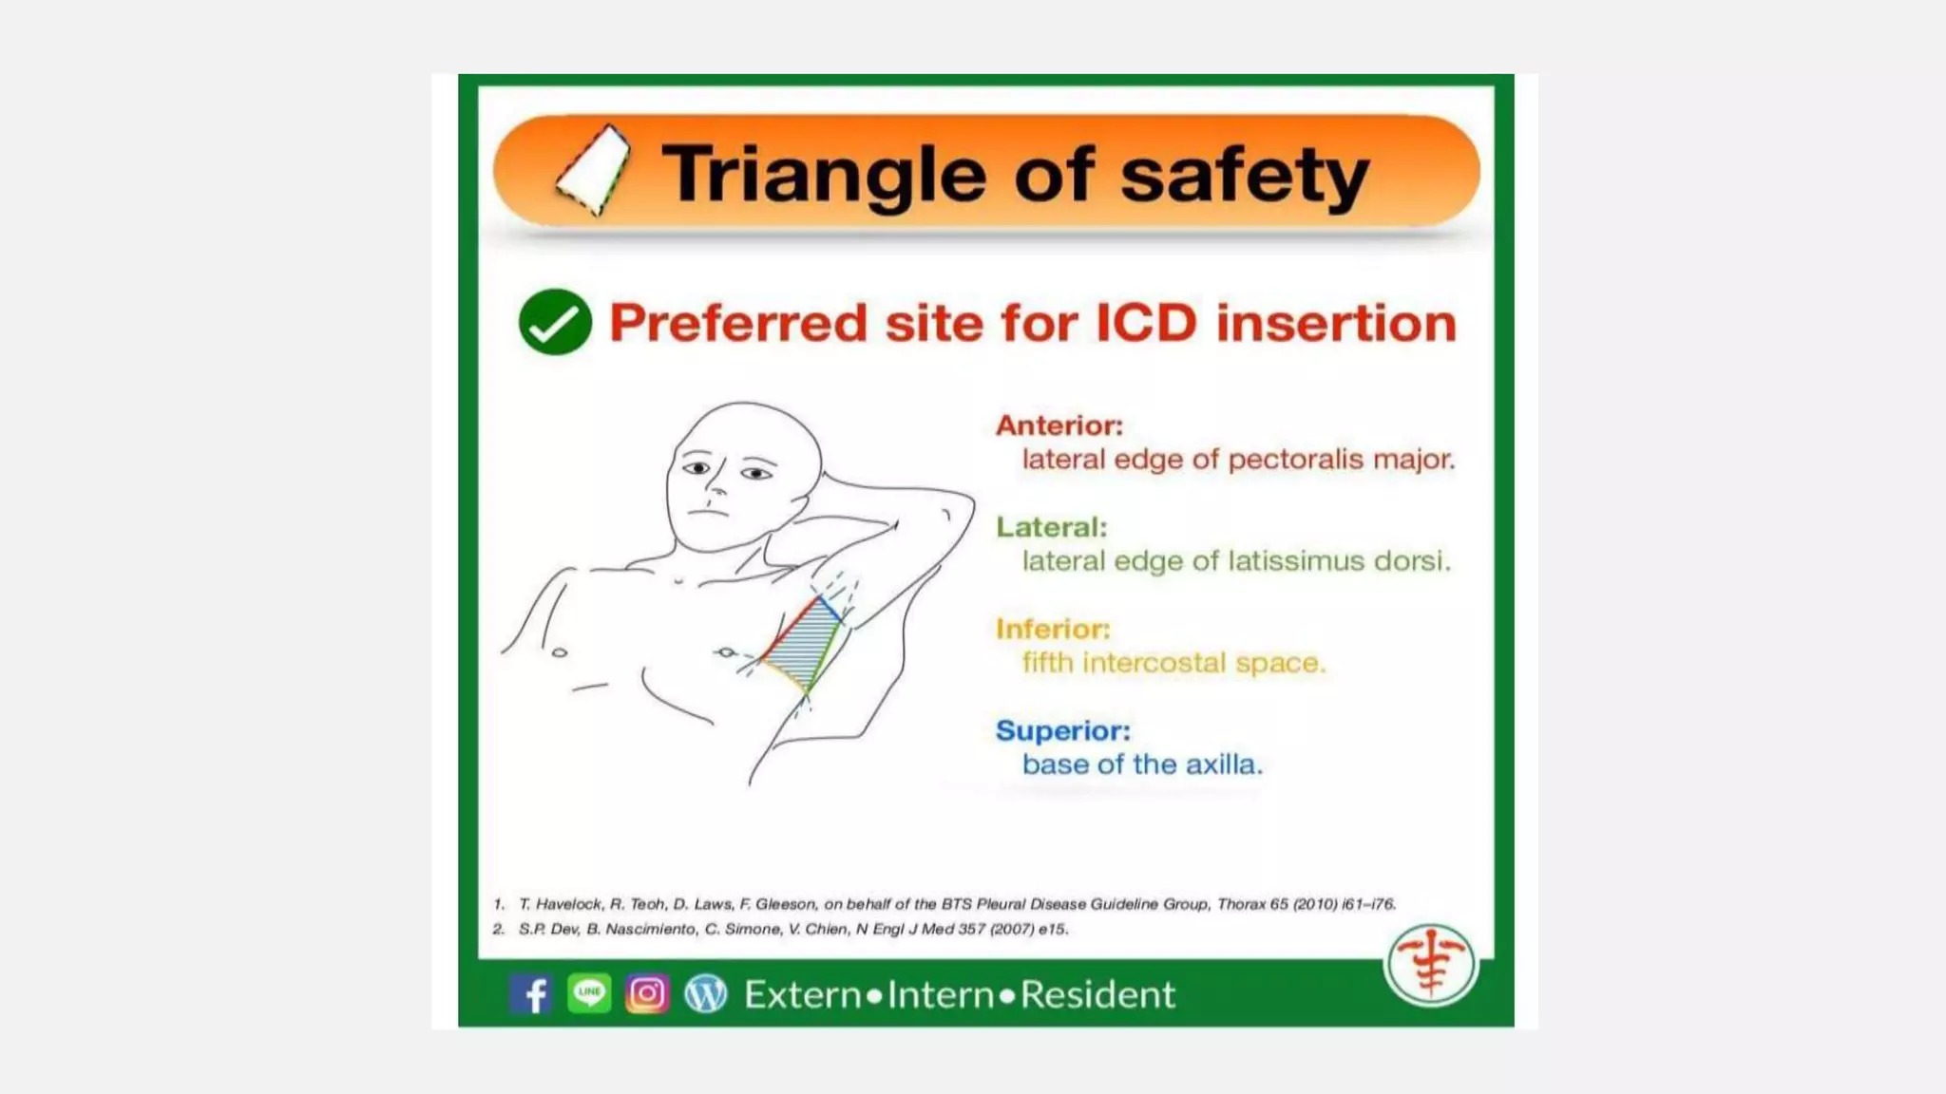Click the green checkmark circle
click(x=555, y=322)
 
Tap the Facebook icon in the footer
click(x=531, y=994)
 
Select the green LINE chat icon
click(x=589, y=993)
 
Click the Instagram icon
click(x=647, y=993)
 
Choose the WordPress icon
click(x=705, y=993)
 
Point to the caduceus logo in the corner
click(x=1430, y=964)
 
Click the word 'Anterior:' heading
click(x=1059, y=425)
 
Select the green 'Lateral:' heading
click(x=1051, y=527)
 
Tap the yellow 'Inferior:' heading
click(x=1052, y=629)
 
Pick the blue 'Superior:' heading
click(x=1062, y=730)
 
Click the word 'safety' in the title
click(x=1245, y=176)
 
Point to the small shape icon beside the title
click(x=595, y=170)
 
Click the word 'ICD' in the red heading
click(x=1146, y=323)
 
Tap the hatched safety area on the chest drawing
click(x=801, y=641)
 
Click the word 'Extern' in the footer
click(x=802, y=994)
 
